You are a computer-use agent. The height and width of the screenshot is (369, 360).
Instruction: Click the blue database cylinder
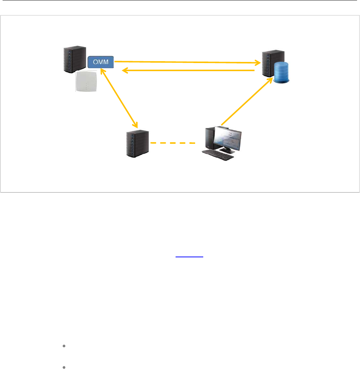pyautogui.click(x=281, y=73)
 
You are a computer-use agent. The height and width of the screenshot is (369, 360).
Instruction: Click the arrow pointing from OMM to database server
pyautogui.click(x=184, y=62)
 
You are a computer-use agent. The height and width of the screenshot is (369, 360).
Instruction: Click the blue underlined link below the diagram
pyautogui.click(x=189, y=256)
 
